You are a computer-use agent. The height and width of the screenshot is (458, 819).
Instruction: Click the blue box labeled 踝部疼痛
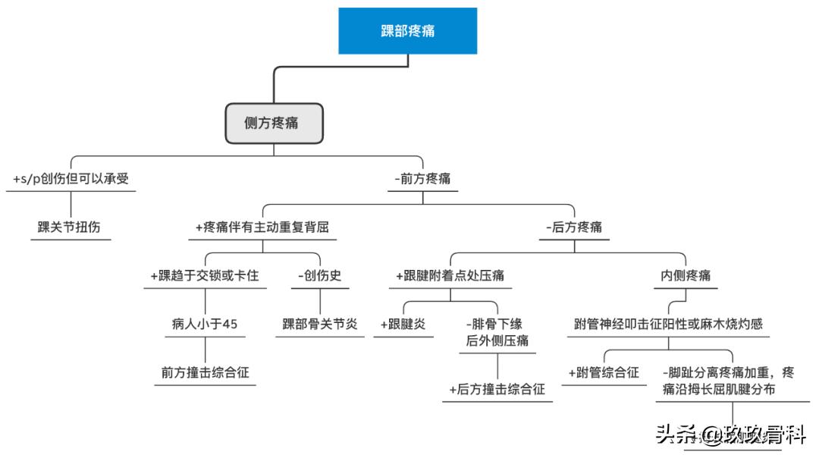click(x=407, y=31)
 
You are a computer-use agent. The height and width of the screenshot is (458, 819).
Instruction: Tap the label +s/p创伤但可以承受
click(x=71, y=179)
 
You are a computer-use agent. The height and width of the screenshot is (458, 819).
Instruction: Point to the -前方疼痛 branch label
click(x=423, y=179)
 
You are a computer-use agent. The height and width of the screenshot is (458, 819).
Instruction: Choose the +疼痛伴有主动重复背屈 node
click(x=262, y=227)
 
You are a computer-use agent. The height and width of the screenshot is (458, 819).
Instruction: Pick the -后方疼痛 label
click(x=574, y=227)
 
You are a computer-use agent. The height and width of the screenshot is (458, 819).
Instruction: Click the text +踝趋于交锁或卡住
click(x=205, y=275)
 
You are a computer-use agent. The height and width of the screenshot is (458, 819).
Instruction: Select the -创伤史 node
click(x=319, y=275)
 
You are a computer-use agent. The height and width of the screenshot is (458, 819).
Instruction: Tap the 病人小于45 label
click(x=205, y=324)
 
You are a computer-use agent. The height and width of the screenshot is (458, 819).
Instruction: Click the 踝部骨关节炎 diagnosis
click(x=319, y=324)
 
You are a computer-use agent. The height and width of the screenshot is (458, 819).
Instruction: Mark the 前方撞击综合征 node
click(x=205, y=372)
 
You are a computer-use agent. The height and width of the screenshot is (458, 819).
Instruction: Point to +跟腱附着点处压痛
click(x=450, y=275)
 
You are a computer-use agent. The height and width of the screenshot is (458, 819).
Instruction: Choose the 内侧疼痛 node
click(x=686, y=275)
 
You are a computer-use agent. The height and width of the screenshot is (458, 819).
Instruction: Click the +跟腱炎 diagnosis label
click(x=403, y=324)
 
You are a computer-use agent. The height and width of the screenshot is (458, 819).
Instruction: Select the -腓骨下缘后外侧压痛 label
click(x=497, y=332)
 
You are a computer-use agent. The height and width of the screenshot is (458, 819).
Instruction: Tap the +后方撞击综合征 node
click(x=497, y=389)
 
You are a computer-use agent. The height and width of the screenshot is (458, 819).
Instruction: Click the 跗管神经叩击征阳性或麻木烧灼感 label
click(x=668, y=324)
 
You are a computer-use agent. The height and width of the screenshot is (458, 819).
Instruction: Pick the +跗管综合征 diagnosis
click(x=604, y=372)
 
